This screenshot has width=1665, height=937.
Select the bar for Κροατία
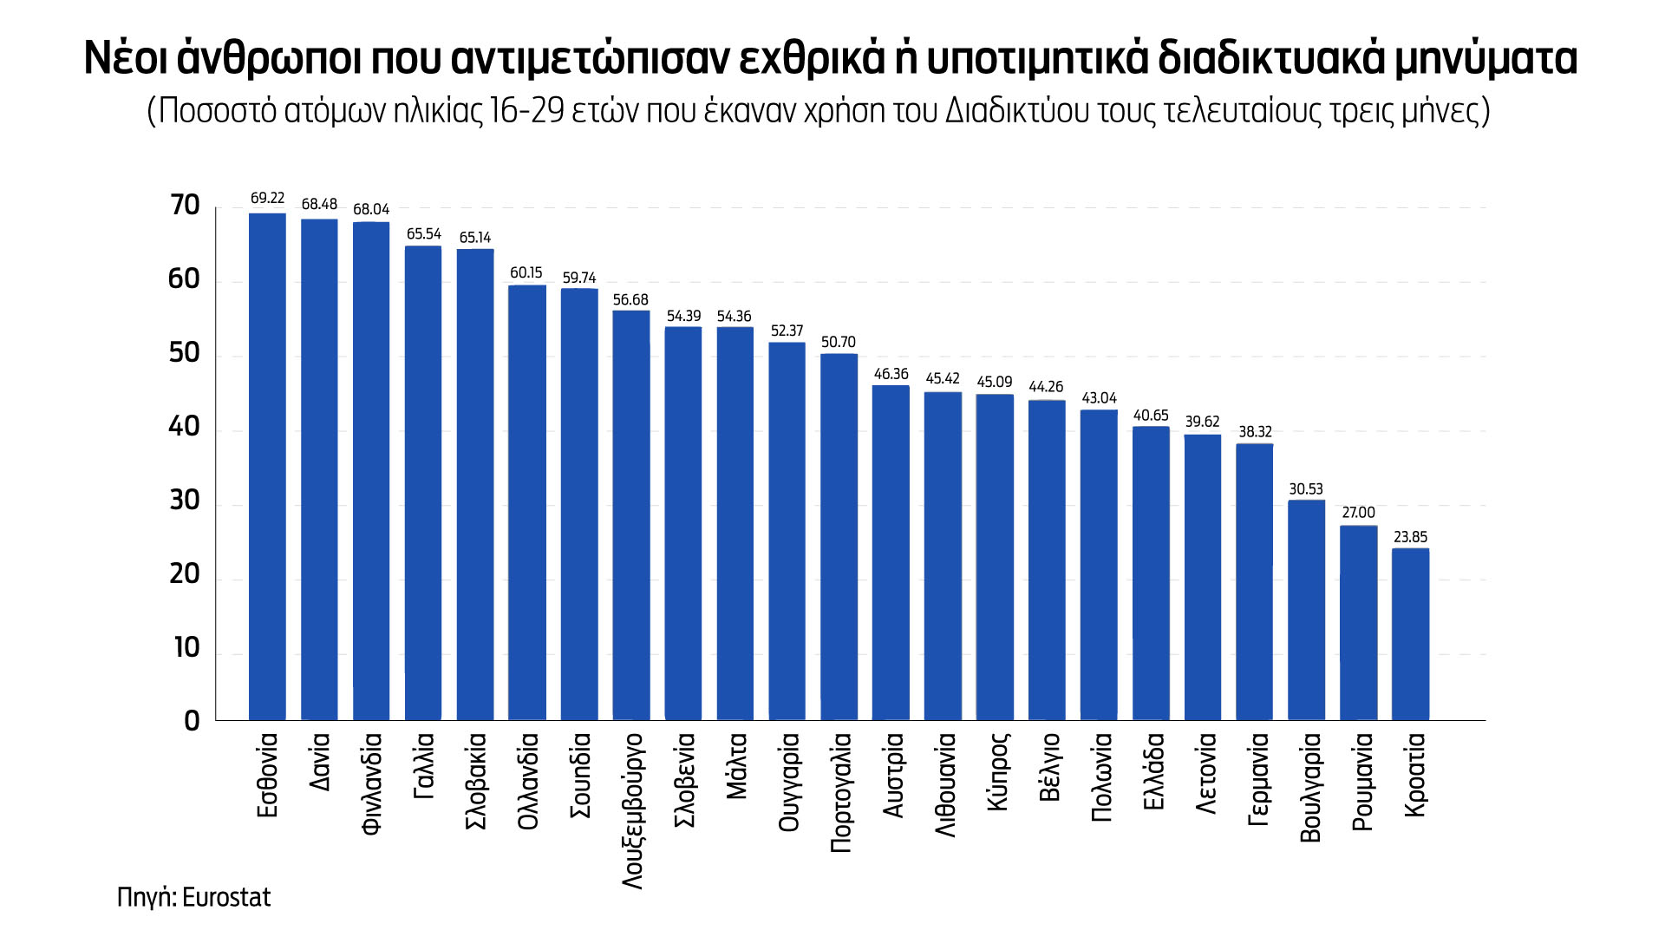(1410, 634)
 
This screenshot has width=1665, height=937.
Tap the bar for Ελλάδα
(1151, 573)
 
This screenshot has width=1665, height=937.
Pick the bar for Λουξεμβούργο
(631, 515)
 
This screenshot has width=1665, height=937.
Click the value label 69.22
(267, 199)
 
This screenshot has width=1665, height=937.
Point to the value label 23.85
(1410, 537)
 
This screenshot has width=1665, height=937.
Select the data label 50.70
(839, 342)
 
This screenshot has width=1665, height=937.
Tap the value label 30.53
(1306, 489)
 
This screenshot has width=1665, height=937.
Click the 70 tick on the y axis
(186, 206)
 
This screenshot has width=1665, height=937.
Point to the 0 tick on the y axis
(193, 721)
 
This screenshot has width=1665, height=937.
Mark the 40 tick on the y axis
(185, 427)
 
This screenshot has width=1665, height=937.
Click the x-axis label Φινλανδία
(371, 783)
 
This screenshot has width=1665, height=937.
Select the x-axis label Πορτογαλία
(839, 792)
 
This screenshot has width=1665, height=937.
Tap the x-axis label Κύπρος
(996, 772)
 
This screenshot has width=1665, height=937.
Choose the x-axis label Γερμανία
(1257, 779)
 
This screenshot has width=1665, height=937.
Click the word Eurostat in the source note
(228, 896)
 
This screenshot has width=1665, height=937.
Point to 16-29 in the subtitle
(527, 111)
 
